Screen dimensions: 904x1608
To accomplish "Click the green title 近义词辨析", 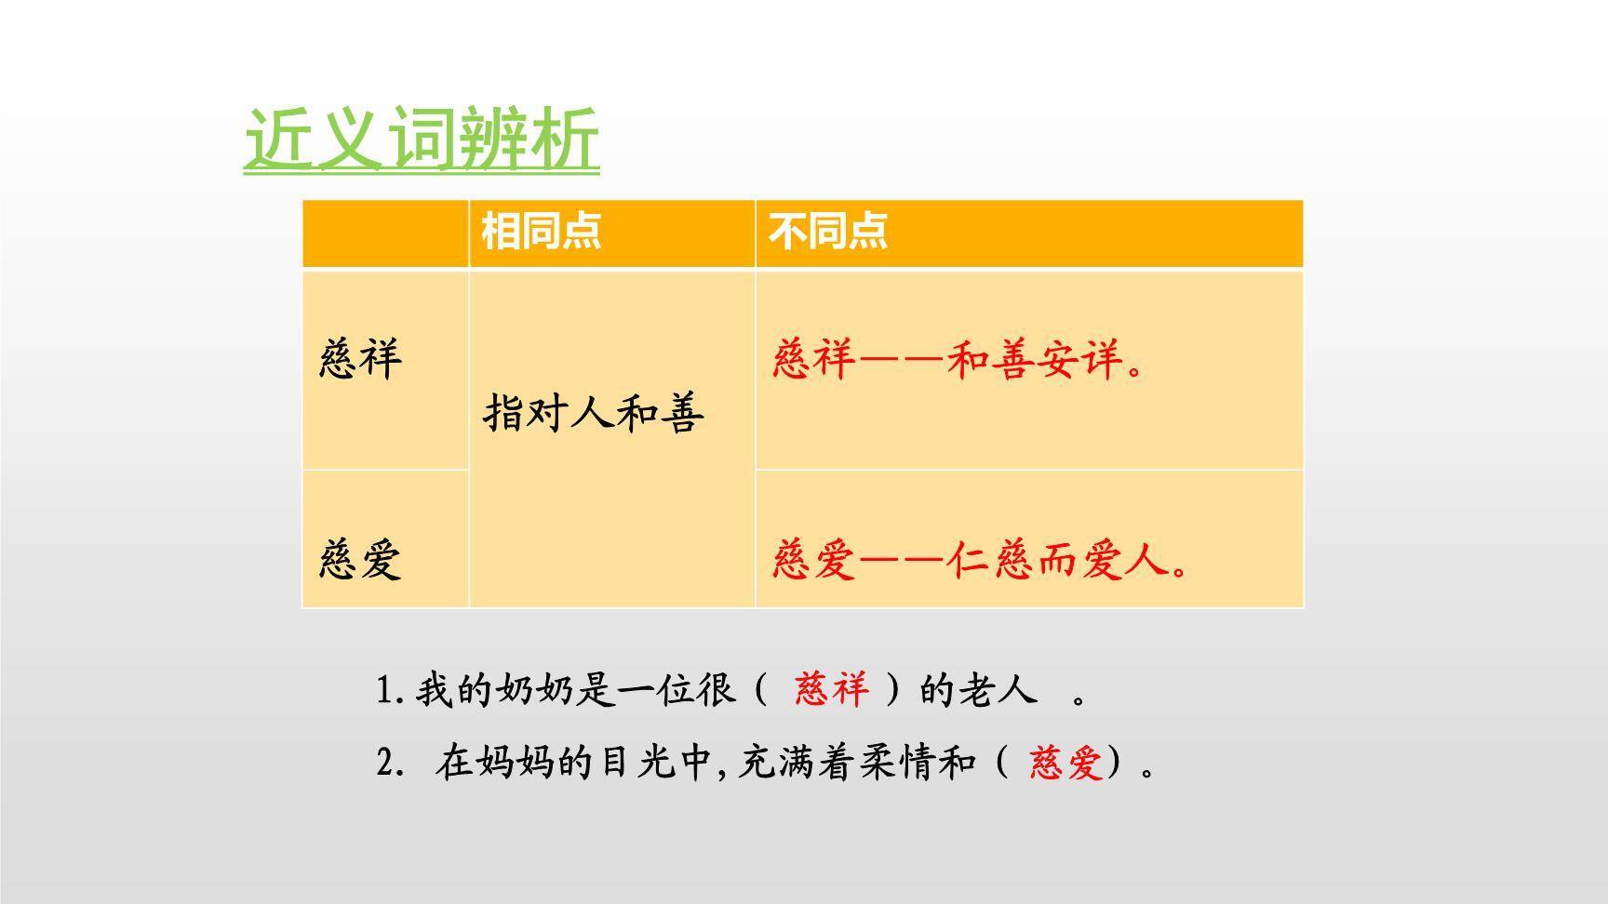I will tap(421, 140).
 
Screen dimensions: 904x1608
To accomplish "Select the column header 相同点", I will tap(541, 231).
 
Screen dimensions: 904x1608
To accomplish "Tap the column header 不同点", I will tap(827, 231).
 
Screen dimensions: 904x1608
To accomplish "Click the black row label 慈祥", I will tap(360, 359).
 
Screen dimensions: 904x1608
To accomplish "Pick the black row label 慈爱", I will tap(360, 560).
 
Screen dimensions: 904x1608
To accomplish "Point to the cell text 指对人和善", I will tap(594, 414).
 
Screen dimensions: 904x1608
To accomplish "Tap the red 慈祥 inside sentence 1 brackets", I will tap(832, 690).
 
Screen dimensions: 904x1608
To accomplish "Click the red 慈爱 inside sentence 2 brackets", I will tap(1065, 764).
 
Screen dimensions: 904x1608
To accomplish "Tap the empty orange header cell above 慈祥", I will tap(385, 233).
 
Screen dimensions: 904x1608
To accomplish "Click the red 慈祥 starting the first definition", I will tap(811, 359).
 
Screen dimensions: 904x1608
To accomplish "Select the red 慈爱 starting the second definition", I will tap(811, 560).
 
